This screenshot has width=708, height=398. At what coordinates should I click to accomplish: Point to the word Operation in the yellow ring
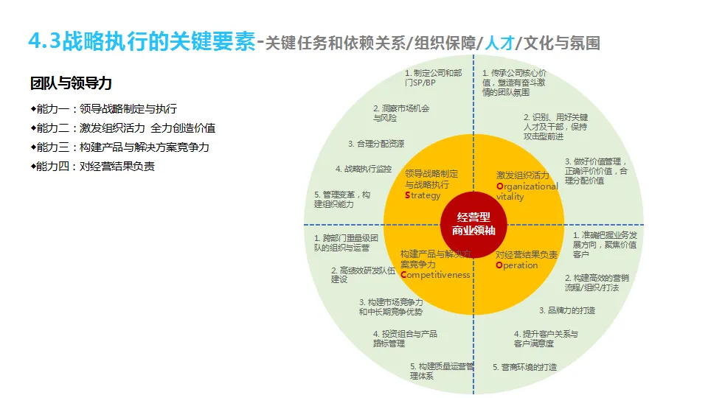[x=517, y=265]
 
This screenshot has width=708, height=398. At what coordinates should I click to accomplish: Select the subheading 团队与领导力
[x=71, y=83]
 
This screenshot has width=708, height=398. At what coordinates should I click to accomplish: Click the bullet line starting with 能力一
[x=103, y=108]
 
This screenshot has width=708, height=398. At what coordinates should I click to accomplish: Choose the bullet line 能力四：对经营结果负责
[x=92, y=166]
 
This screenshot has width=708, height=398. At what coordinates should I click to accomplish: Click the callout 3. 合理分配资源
[x=376, y=144]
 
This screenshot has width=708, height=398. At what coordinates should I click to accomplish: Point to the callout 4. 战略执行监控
[x=364, y=169]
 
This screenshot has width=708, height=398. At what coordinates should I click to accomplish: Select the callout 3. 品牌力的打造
[x=567, y=310]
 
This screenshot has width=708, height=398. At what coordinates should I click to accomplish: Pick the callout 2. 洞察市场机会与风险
[x=401, y=112]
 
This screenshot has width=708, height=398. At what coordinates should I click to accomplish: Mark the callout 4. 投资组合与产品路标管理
[x=405, y=338]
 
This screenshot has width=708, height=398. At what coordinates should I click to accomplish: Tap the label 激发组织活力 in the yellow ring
[x=523, y=175]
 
